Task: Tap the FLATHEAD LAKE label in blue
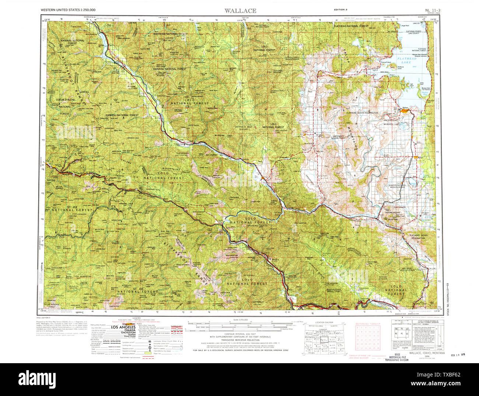click(407, 60)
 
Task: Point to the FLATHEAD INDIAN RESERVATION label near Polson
click(362, 112)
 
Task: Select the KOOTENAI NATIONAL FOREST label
click(170, 34)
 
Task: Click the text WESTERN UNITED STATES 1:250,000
click(65, 10)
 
